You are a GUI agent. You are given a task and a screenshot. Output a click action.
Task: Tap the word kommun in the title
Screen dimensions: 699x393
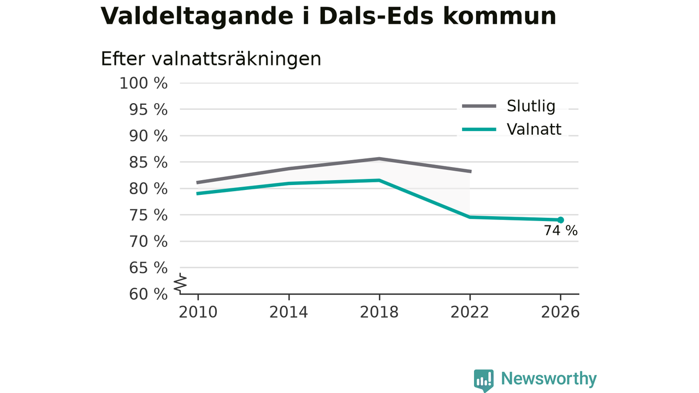(500, 16)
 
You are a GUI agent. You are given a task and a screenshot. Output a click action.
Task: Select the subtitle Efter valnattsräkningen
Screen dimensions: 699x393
(211, 59)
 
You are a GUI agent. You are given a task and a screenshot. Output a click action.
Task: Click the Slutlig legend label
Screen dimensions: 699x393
(531, 106)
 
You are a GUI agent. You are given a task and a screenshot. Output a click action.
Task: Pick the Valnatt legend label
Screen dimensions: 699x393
(534, 129)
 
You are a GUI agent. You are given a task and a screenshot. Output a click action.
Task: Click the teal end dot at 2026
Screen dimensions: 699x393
(560, 220)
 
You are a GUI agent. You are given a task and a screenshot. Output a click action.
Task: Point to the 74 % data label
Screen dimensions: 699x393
(561, 231)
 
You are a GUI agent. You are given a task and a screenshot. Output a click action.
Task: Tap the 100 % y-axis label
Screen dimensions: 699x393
(144, 84)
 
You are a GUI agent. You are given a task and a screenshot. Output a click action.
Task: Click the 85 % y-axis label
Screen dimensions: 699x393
(148, 163)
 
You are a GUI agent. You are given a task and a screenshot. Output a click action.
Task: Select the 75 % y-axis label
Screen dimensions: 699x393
(148, 215)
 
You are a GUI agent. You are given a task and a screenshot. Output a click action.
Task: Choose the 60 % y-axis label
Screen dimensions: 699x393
(148, 294)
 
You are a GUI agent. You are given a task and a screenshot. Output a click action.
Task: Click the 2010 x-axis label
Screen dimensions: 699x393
(198, 312)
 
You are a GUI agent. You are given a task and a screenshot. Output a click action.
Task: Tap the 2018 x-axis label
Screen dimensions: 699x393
(379, 312)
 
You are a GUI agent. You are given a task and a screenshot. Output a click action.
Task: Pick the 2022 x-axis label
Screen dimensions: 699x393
(470, 312)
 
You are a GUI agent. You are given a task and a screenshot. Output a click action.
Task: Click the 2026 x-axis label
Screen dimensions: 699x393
(560, 312)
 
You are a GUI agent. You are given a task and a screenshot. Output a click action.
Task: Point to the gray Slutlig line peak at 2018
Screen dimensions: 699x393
(379, 158)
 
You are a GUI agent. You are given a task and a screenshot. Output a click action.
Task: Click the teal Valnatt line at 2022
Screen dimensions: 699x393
(470, 217)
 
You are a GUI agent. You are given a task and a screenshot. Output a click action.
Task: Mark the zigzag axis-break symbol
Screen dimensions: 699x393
(180, 283)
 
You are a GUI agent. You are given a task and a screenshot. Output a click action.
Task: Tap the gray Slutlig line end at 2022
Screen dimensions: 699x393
(471, 171)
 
